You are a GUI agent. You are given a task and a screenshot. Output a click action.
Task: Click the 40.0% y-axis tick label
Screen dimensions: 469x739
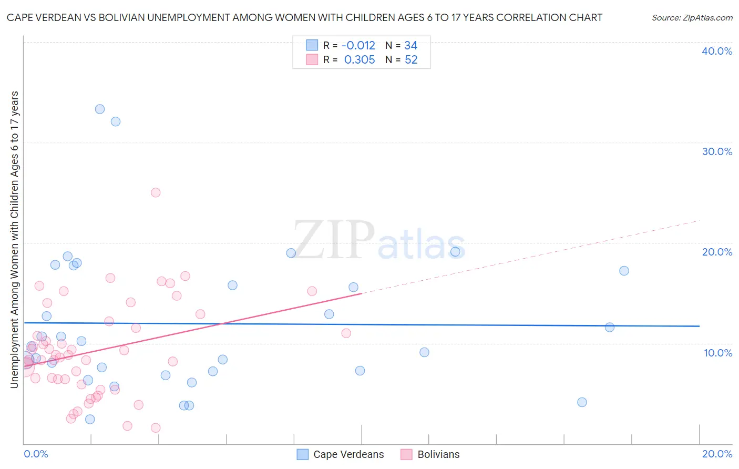717,51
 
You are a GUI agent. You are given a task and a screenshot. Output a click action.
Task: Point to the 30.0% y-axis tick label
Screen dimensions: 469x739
717,151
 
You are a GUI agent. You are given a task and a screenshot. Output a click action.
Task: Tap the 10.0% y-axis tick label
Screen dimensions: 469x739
718,353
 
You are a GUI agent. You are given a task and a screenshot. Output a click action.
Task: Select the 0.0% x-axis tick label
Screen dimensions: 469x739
36,454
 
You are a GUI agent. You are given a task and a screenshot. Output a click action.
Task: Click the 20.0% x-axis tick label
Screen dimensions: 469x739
717,454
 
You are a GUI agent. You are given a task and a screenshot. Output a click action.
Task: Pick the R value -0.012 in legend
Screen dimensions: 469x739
358,45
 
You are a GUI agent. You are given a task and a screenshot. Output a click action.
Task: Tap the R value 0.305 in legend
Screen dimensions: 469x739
360,59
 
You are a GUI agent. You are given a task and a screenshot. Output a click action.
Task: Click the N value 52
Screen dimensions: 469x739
411,59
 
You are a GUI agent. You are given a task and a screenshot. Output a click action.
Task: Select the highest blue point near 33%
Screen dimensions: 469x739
100,109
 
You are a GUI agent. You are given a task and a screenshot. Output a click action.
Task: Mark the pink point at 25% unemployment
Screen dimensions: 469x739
156,192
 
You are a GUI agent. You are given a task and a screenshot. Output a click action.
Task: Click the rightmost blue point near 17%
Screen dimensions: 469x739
624,271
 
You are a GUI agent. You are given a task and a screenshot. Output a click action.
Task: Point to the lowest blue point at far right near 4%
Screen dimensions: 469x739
582,402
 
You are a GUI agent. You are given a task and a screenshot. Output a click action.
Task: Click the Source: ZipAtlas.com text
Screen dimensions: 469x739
692,17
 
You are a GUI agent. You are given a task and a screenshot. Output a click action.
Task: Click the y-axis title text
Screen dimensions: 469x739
14,240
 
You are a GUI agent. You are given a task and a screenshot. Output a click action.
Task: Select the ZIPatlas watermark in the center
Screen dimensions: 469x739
379,241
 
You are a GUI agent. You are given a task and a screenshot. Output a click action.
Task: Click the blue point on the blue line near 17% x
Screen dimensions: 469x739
610,327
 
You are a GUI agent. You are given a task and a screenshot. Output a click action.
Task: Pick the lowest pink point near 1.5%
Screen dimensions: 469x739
156,428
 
